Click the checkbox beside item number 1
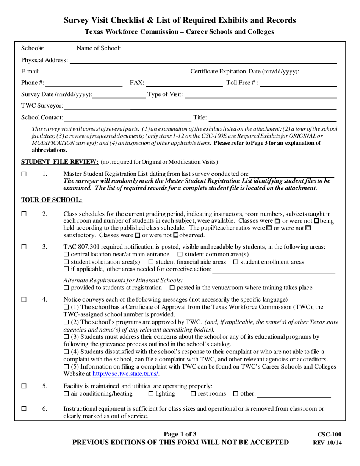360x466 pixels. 24,174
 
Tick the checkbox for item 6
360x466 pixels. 24,409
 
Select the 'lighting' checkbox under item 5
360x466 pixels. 151,394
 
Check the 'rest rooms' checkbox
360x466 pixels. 193,394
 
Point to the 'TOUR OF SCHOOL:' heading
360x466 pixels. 52,200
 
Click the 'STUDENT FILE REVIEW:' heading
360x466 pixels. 60,162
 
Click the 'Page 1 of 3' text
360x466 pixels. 180,434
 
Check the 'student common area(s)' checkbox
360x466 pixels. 180,254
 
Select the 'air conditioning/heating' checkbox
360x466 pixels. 66,394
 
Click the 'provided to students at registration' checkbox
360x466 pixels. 66,288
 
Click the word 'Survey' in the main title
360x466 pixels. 76,20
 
